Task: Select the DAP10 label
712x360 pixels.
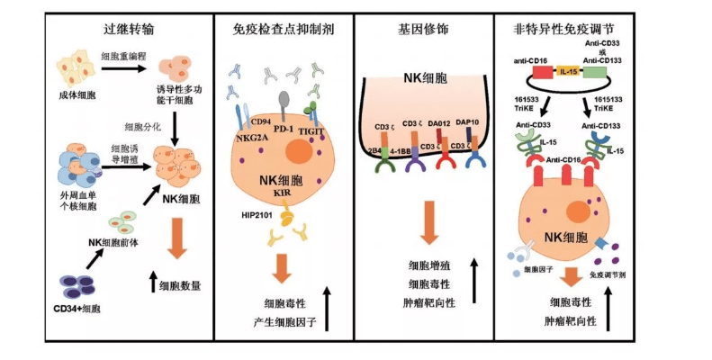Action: click(x=470, y=123)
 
